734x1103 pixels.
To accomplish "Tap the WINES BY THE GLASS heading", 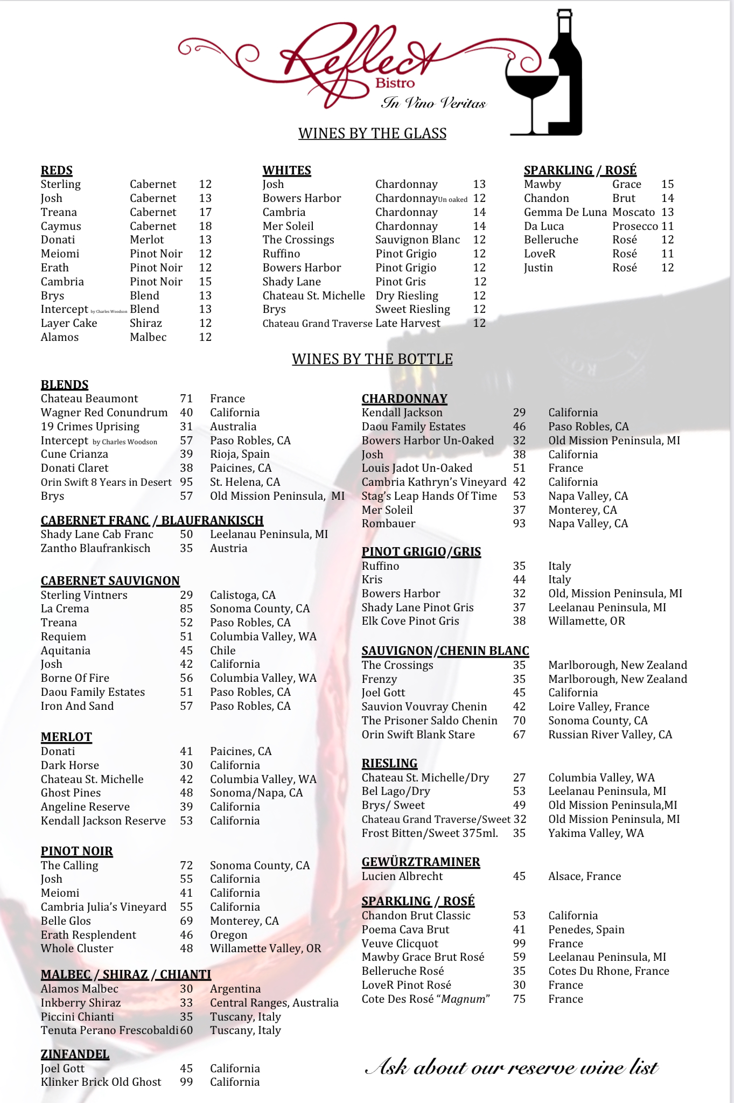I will [372, 134].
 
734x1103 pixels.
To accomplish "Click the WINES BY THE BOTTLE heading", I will [372, 359].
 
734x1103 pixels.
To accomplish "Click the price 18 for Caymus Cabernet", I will [205, 226].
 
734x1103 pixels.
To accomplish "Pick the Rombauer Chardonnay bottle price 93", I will [519, 523].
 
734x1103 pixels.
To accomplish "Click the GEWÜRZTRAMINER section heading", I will [421, 862].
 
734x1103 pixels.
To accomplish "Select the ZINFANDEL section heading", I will [75, 1055].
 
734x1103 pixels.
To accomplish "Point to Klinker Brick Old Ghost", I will [101, 1082].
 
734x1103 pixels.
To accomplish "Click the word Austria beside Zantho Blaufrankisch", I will [228, 548].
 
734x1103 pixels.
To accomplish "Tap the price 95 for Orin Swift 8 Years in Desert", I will [186, 482].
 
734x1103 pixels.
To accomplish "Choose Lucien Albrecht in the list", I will [402, 876].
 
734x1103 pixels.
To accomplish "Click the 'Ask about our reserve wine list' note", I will [512, 1067].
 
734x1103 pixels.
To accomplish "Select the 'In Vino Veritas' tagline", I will [434, 103].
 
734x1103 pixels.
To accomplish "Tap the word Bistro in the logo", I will [395, 83].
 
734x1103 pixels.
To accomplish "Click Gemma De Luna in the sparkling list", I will [565, 212].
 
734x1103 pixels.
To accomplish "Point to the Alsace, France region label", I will [584, 876].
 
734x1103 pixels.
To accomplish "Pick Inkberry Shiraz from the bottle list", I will [81, 1003].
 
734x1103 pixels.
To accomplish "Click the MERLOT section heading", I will [66, 737].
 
